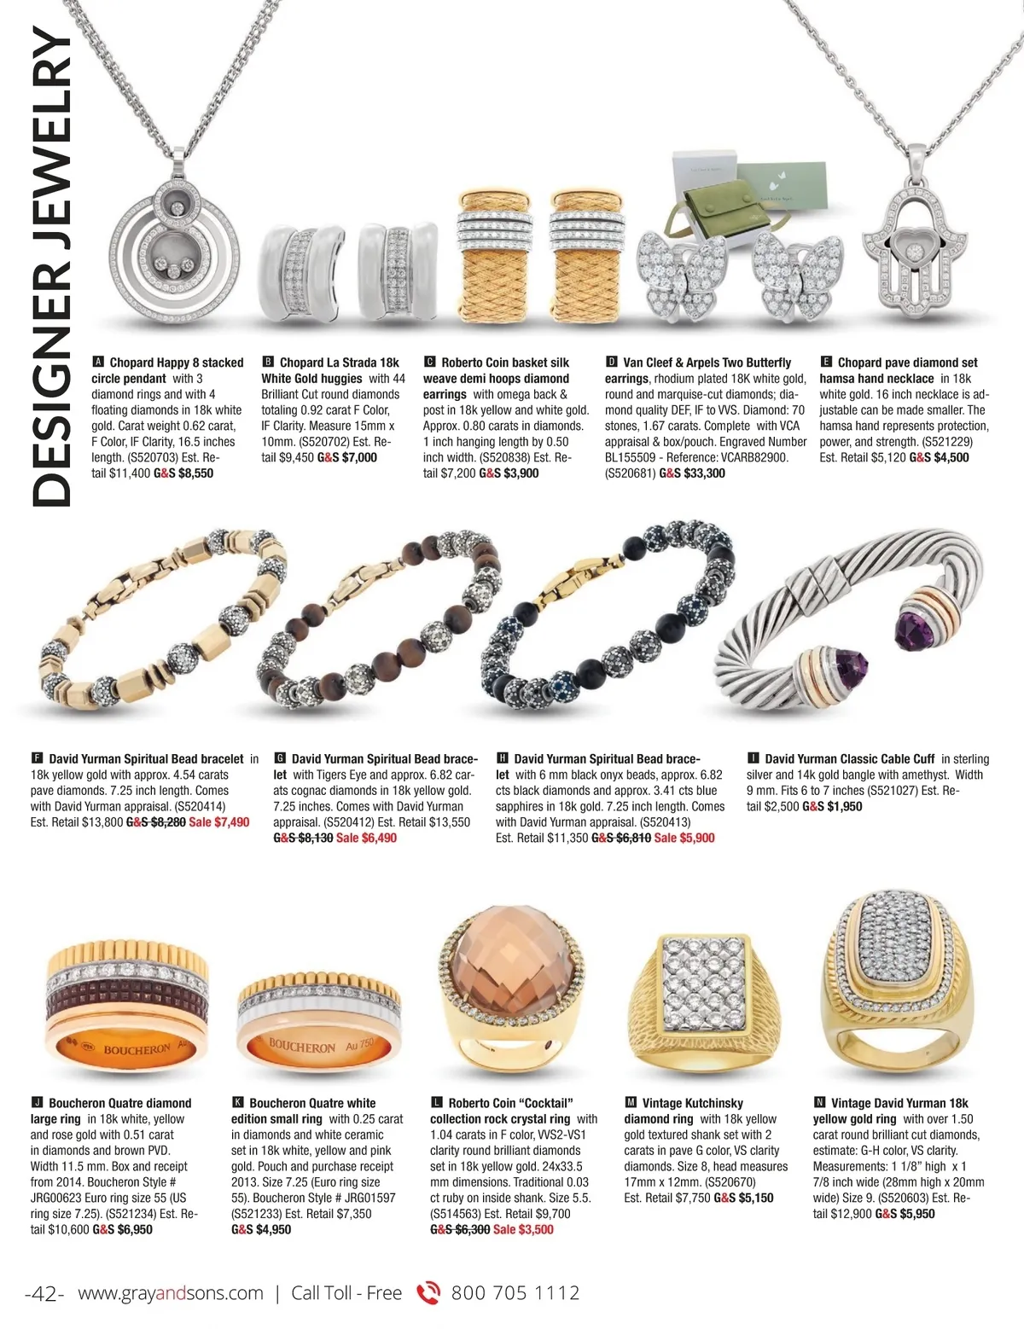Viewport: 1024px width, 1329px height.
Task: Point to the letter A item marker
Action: coord(97,363)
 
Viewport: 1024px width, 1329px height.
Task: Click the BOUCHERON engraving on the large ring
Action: coord(137,1049)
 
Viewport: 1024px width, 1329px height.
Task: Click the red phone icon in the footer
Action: coord(428,1294)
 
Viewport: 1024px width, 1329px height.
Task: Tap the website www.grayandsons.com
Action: coord(171,1293)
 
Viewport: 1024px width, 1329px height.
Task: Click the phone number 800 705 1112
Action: coord(515,1293)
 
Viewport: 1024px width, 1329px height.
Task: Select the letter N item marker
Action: coord(819,1103)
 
